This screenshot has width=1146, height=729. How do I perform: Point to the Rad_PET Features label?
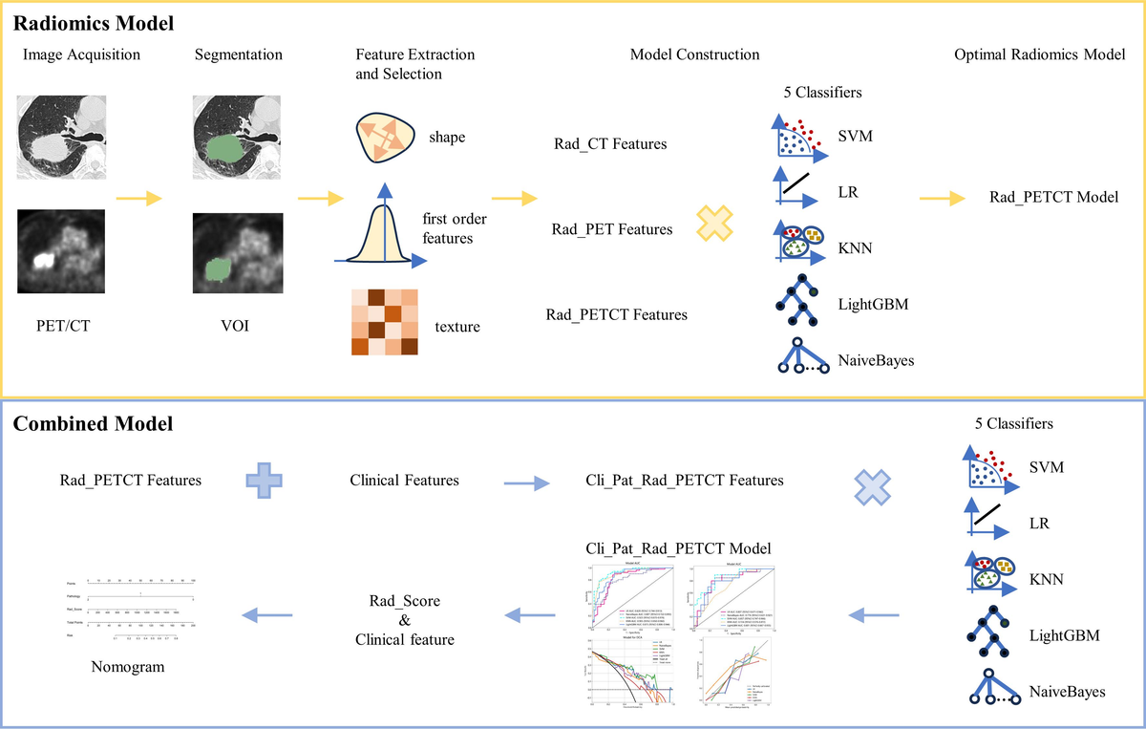pos(612,229)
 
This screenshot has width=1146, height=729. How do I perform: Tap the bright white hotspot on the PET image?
pos(43,259)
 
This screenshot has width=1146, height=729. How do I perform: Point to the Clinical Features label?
pos(405,481)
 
